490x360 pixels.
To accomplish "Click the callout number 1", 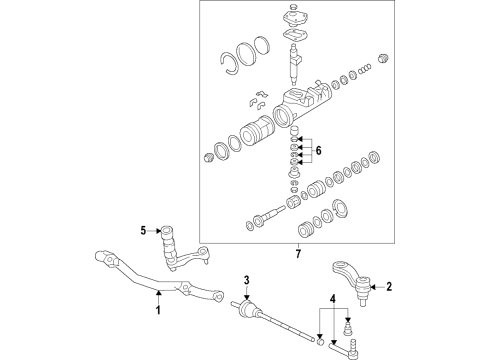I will coord(156,311).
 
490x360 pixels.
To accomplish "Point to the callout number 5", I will coord(143,232).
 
